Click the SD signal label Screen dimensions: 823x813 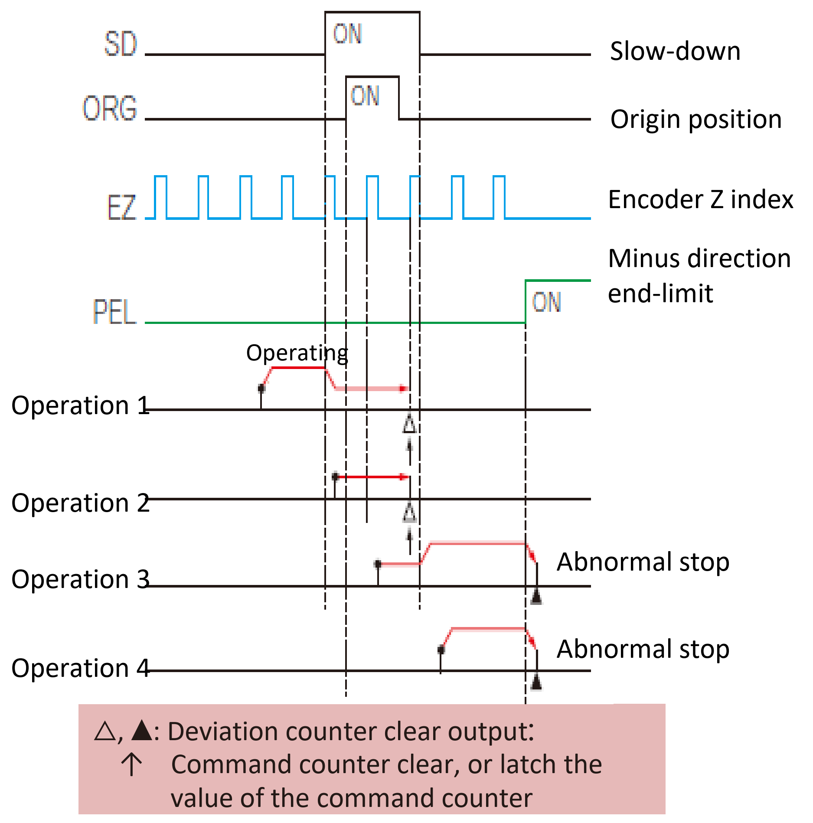pyautogui.click(x=121, y=44)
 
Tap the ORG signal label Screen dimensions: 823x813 pyautogui.click(x=110, y=108)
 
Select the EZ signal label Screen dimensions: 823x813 pyautogui.click(x=121, y=208)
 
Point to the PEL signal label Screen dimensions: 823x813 pyautogui.click(x=115, y=311)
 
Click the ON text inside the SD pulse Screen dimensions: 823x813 pyautogui.click(x=347, y=34)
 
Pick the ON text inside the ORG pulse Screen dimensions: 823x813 pyautogui.click(x=365, y=96)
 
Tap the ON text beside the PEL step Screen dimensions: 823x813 pyautogui.click(x=546, y=302)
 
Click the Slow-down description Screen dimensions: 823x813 pyautogui.click(x=675, y=51)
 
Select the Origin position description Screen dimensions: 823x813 pyautogui.click(x=696, y=119)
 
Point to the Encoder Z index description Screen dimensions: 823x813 pyautogui.click(x=701, y=199)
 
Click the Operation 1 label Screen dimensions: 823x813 pyautogui.click(x=81, y=406)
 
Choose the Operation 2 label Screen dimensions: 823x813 pyautogui.click(x=81, y=503)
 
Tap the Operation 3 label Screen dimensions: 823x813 pyautogui.click(x=81, y=579)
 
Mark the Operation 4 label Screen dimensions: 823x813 pyautogui.click(x=81, y=668)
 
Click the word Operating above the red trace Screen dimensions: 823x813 pyautogui.click(x=297, y=353)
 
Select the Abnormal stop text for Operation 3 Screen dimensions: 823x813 pyautogui.click(x=643, y=562)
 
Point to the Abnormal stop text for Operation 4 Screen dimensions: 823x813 pyautogui.click(x=643, y=649)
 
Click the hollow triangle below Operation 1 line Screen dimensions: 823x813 pyautogui.click(x=409, y=425)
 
